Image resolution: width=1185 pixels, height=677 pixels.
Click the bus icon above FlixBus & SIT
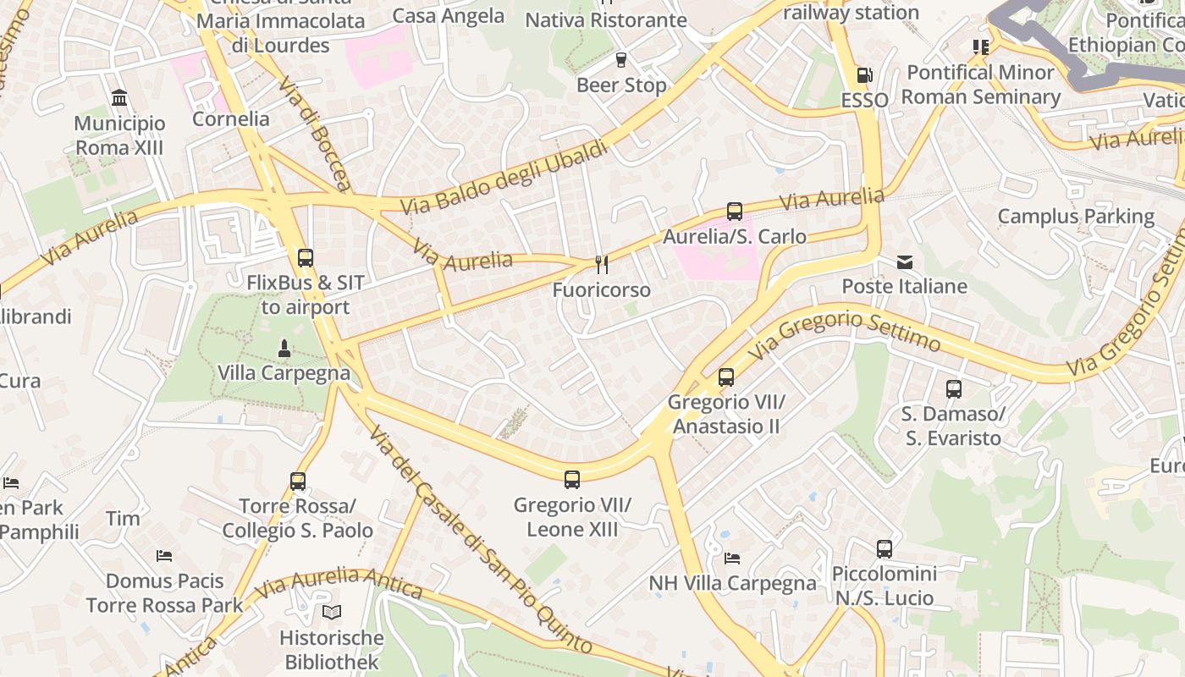306,258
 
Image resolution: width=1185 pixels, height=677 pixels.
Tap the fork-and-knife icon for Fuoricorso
602,265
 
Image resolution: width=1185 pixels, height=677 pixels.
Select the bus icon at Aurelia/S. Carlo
735,212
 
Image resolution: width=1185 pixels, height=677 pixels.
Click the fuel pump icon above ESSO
864,75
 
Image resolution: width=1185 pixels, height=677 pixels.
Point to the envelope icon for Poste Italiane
905,262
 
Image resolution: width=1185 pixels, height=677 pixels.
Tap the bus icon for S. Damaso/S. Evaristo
954,389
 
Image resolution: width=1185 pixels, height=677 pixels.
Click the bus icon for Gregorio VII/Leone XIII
572,480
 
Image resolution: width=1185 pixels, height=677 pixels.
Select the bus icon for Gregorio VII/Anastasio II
726,377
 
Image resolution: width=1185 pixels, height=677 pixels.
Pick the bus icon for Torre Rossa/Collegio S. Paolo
298,482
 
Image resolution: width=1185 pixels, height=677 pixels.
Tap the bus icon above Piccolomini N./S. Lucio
885,549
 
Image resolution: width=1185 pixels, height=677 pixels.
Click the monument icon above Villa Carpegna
284,348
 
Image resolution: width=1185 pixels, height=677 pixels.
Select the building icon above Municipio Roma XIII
119,98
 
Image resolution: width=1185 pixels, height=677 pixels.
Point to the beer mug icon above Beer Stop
621,60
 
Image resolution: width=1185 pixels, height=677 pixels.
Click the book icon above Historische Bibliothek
332,612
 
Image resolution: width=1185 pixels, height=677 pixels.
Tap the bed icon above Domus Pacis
165,556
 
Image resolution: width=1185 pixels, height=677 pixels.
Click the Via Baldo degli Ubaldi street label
504,178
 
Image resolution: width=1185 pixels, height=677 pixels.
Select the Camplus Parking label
1076,217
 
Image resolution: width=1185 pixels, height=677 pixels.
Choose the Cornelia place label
231,118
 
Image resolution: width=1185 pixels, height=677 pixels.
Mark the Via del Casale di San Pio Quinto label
481,540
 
